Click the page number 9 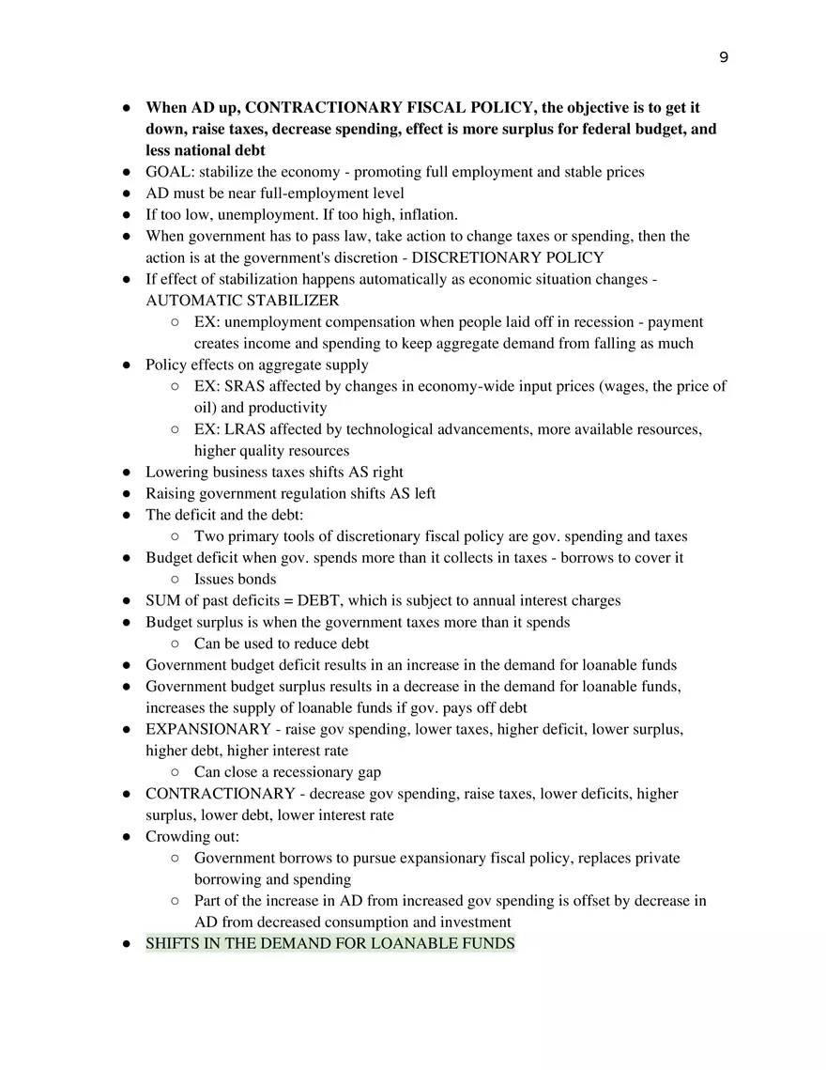pos(723,58)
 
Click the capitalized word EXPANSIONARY pos(207,729)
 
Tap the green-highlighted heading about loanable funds pos(329,943)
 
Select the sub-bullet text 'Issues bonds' pos(235,579)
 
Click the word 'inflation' pos(427,215)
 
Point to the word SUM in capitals pos(161,600)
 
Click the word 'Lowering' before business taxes pos(176,472)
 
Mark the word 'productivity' pos(288,408)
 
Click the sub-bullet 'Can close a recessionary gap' pos(287,772)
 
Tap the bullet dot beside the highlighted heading pos(125,944)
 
